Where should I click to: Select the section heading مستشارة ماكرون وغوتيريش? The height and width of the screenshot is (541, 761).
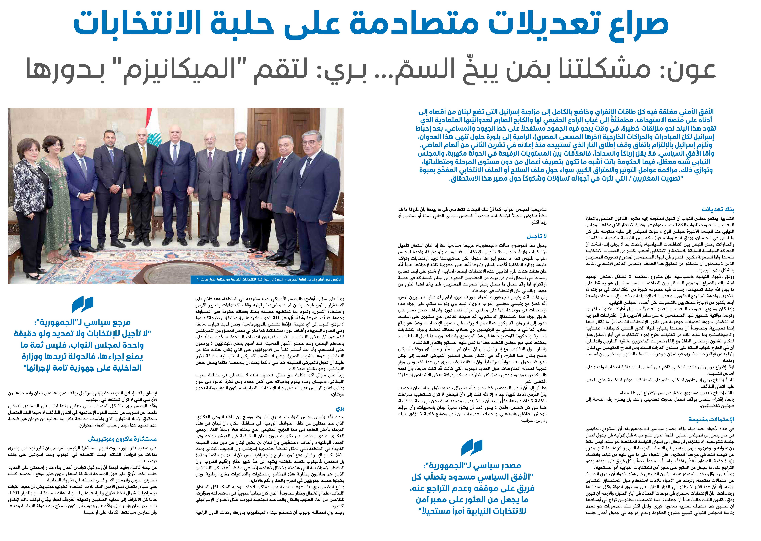click(122, 439)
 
